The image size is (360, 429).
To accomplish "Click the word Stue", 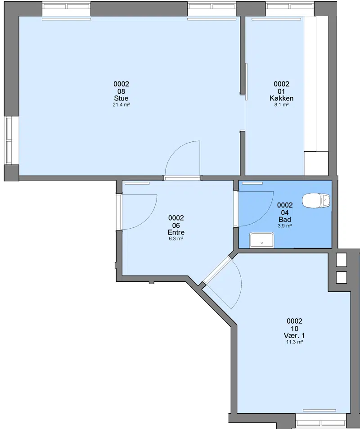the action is pyautogui.click(x=121, y=98).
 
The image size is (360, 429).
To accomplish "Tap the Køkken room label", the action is pyautogui.click(x=282, y=98).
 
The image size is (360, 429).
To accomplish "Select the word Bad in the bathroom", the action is pyautogui.click(x=285, y=219).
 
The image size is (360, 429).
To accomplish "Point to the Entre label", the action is pyautogui.click(x=176, y=232).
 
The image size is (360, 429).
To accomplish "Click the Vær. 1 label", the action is pyautogui.click(x=294, y=335).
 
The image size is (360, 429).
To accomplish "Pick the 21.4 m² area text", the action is pyautogui.click(x=121, y=105).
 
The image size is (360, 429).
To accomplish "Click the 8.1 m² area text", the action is pyautogui.click(x=282, y=105).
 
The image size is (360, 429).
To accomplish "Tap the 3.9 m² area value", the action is pyautogui.click(x=285, y=226).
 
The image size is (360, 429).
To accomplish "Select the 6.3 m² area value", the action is pyautogui.click(x=176, y=239).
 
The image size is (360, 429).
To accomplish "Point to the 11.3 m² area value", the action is pyautogui.click(x=294, y=342).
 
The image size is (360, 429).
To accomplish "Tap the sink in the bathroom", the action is pyautogui.click(x=262, y=240).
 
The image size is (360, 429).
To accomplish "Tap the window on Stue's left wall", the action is pyautogui.click(x=9, y=140).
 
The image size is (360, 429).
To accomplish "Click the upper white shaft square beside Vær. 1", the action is pyautogui.click(x=341, y=260).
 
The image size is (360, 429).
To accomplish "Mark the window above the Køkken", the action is pyautogui.click(x=290, y=6).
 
